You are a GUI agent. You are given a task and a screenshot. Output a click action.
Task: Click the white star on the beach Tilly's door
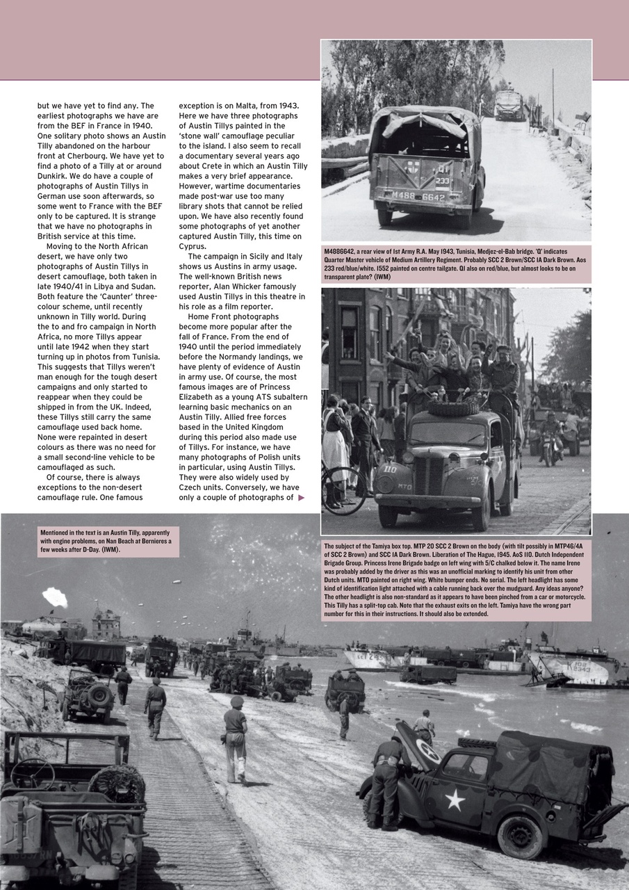(x=455, y=800)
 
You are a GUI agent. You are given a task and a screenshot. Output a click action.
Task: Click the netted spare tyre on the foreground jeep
(x=116, y=784)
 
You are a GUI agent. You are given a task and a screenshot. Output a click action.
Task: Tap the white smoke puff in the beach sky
(x=55, y=597)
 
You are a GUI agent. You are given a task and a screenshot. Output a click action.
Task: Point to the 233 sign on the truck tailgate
(x=443, y=179)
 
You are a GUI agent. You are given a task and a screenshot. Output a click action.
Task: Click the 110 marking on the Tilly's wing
(x=389, y=469)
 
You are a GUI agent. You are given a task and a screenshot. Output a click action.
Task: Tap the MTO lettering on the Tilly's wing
(x=404, y=487)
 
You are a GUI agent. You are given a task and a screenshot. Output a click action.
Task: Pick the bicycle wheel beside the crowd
(x=343, y=490)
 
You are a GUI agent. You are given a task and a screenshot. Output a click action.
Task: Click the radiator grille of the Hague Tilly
(x=429, y=475)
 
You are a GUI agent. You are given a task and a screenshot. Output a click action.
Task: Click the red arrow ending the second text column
(x=301, y=497)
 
